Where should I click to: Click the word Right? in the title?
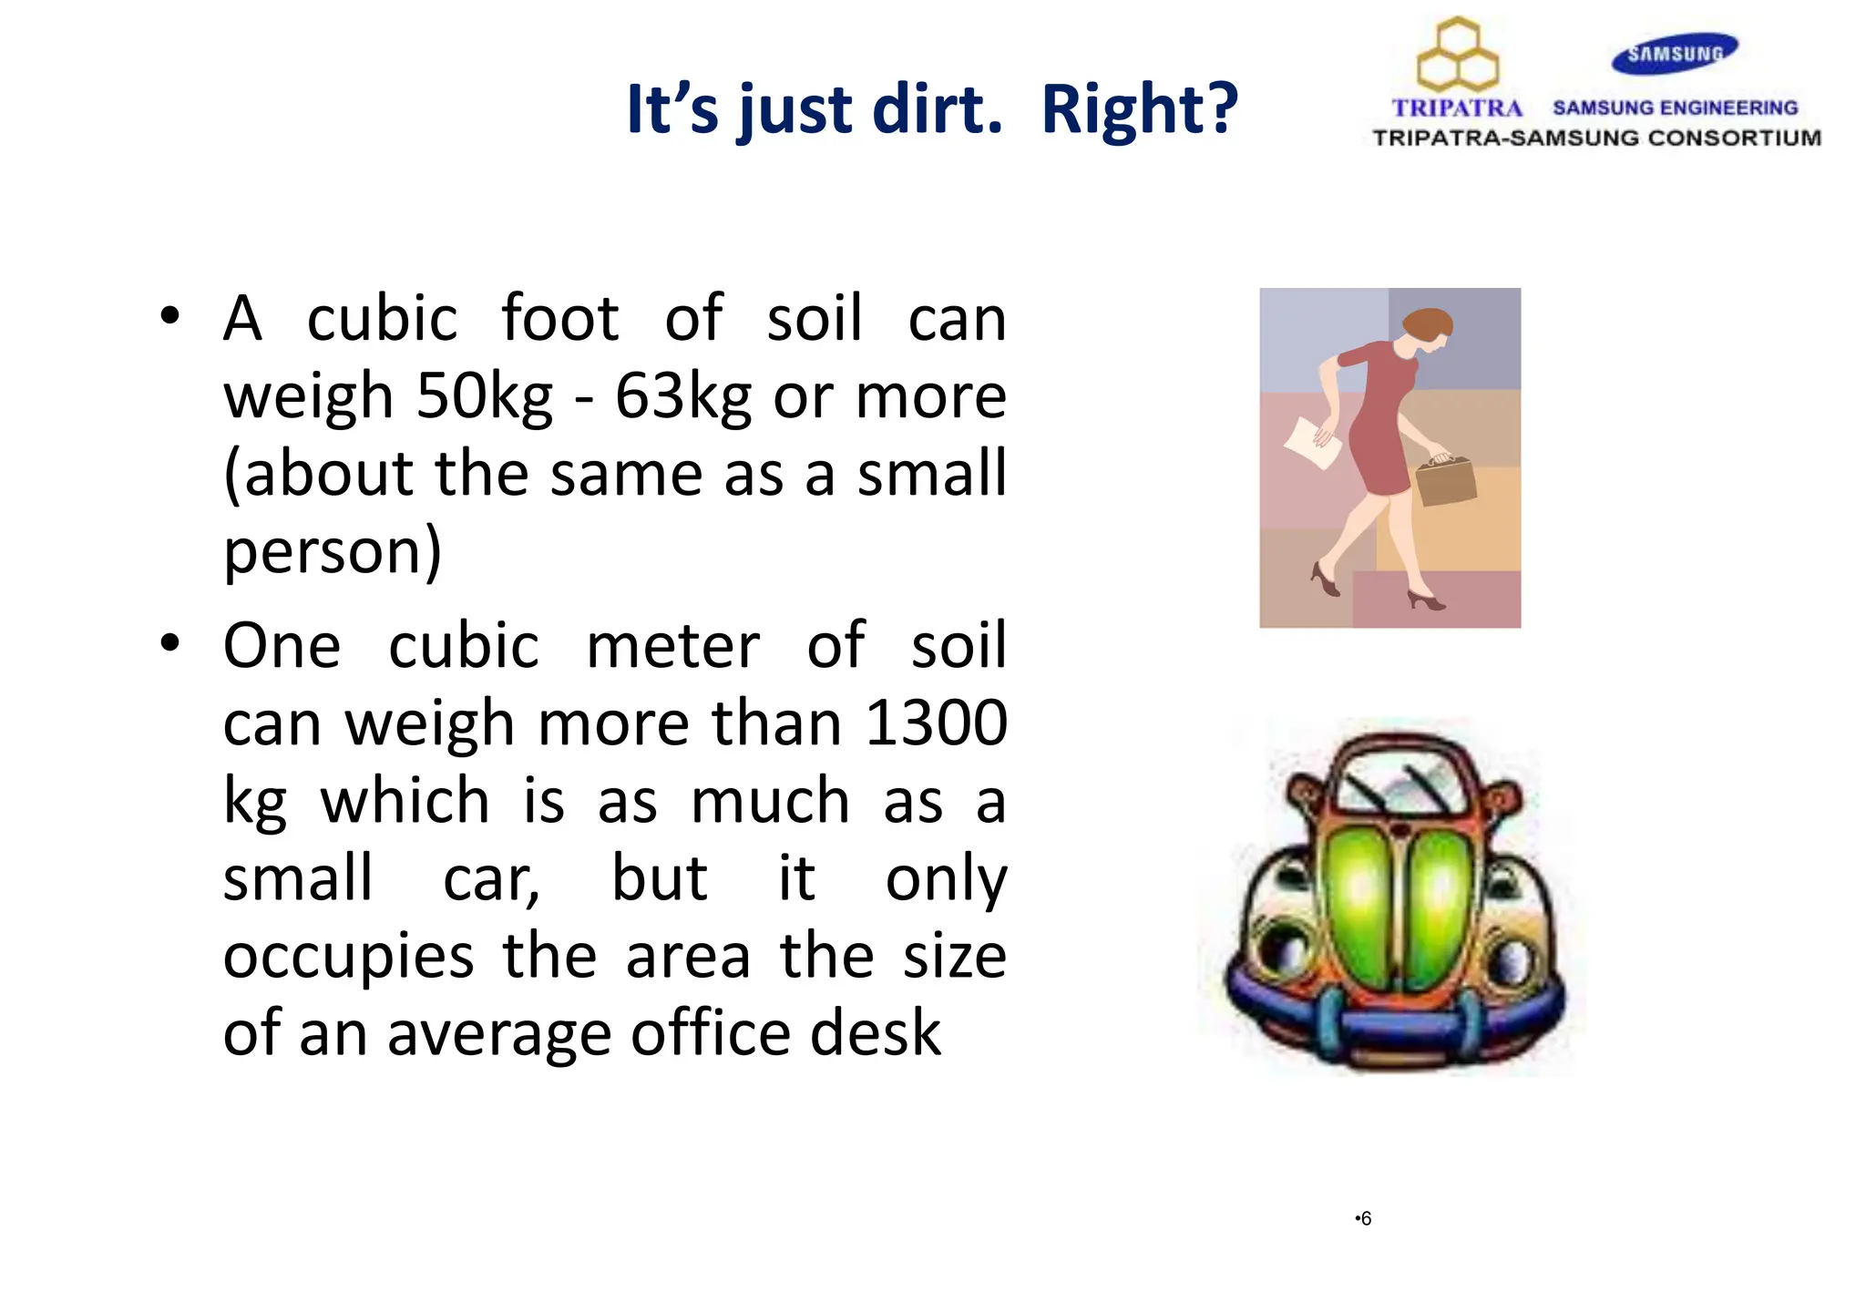[1139, 109]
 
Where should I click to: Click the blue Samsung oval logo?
[1675, 53]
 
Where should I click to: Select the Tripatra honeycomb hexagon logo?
[1458, 55]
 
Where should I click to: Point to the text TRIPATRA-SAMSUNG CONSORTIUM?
[1596, 138]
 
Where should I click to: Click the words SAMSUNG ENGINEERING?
[1675, 108]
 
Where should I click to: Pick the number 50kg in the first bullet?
[484, 397]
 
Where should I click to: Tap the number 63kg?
[682, 397]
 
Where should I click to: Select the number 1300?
[936, 723]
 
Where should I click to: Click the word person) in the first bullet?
[333, 552]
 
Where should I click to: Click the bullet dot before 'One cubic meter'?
[169, 643]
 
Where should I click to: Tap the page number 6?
[1365, 1219]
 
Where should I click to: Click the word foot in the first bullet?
[560, 319]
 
